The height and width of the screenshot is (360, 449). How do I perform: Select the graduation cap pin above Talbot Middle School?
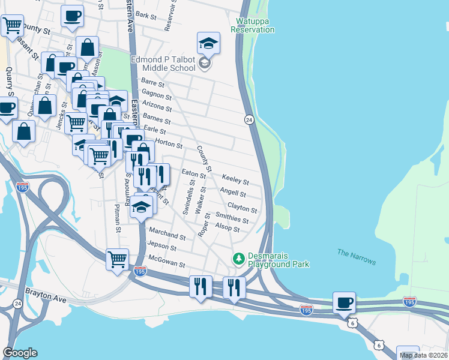[x=208, y=43]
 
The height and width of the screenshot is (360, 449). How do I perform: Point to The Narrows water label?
[x=356, y=257]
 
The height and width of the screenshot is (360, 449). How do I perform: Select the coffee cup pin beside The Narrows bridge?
[x=345, y=302]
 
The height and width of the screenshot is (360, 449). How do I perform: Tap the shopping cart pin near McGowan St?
[x=117, y=260]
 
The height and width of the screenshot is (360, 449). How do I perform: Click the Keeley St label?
[x=235, y=179]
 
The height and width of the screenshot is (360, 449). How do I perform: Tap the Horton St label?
[x=169, y=143]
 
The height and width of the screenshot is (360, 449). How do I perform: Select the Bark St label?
[x=146, y=14]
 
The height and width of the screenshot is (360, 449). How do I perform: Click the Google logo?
[x=20, y=352]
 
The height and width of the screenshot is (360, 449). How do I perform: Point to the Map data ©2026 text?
[x=423, y=355]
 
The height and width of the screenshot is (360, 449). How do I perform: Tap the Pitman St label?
[x=118, y=218]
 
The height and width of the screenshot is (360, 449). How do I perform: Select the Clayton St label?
[x=246, y=209]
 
